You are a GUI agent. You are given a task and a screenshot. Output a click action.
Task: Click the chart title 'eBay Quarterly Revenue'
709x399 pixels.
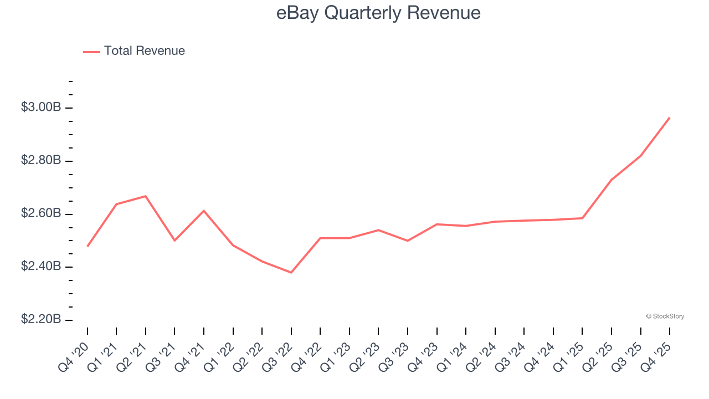click(378, 13)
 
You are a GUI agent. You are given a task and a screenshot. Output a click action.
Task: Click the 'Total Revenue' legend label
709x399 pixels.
click(144, 51)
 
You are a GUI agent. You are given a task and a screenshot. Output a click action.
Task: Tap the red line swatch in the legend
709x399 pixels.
click(91, 52)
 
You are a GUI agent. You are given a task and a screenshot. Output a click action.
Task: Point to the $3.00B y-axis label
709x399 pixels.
click(41, 108)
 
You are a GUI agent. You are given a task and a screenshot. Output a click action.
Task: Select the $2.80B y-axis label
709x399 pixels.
click(41, 161)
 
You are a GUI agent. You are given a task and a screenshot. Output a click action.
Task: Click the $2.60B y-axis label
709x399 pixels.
click(41, 214)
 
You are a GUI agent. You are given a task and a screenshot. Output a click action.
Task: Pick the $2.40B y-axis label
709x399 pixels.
click(41, 267)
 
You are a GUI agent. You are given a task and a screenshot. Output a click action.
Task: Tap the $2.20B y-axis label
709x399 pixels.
click(41, 320)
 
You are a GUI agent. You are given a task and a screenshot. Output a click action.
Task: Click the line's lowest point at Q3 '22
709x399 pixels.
click(291, 273)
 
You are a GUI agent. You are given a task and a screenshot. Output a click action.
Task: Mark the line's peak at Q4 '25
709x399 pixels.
click(670, 117)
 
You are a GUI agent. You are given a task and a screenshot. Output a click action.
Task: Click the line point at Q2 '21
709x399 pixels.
click(146, 196)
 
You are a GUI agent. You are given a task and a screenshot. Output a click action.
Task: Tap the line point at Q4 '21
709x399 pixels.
click(204, 211)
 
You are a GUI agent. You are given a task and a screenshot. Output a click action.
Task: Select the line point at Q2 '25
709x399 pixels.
click(612, 180)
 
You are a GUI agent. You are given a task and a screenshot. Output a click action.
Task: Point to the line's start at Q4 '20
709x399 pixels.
click(88, 246)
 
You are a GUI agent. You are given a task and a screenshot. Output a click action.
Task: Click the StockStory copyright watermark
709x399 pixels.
click(665, 316)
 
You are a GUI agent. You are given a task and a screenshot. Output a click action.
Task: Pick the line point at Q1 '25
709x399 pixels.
click(582, 218)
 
